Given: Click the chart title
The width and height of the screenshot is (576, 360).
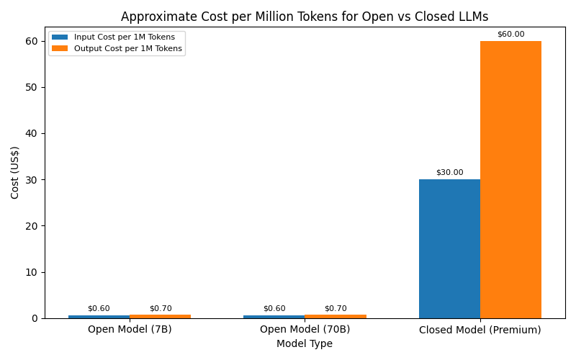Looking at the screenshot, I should point(305,17).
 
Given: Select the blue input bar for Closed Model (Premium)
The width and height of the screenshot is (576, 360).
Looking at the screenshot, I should point(449,248).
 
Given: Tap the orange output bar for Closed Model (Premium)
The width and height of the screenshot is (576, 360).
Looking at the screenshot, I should point(510,179).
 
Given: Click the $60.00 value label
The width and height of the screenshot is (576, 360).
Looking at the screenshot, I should point(510,34).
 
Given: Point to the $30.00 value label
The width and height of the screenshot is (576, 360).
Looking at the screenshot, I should point(449,172).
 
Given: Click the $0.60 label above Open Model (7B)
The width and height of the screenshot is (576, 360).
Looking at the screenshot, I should point(99,308).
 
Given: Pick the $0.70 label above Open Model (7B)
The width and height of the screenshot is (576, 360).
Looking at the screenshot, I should point(160,308).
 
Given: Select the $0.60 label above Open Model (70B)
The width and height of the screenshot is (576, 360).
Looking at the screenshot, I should point(274,308).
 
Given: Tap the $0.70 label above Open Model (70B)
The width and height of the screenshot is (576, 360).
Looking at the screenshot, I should point(336,308).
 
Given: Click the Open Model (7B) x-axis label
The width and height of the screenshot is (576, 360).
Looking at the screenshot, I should point(130,329).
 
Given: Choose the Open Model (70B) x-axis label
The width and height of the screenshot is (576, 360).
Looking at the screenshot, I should point(305,329).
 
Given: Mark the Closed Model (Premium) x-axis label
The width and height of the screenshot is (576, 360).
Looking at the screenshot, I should point(480,330).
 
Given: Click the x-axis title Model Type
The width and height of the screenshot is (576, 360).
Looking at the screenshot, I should point(305,343).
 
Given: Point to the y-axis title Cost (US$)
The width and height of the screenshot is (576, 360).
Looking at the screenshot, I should point(15,172).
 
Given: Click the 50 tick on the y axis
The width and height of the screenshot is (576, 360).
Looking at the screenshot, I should point(32,87).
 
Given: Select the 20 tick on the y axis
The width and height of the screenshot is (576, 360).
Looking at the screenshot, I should point(32,226).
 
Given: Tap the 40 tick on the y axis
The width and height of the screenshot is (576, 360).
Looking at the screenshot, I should point(32,133).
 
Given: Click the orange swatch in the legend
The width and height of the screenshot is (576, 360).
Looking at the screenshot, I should point(60,48).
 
